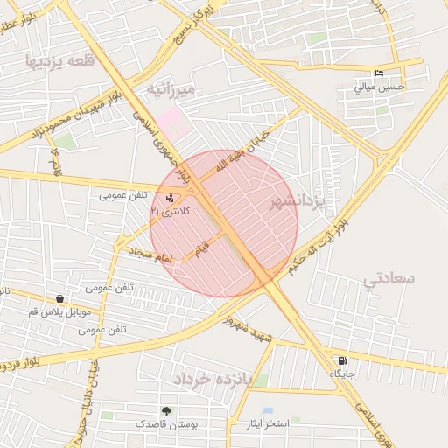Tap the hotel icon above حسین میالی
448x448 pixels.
378,73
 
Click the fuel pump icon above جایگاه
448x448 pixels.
340,360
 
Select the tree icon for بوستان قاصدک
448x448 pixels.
166,411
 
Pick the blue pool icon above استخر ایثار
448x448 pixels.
268,410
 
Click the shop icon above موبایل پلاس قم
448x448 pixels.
59,299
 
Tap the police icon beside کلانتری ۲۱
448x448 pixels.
169,199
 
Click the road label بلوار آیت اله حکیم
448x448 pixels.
325,243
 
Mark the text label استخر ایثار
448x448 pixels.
268,423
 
